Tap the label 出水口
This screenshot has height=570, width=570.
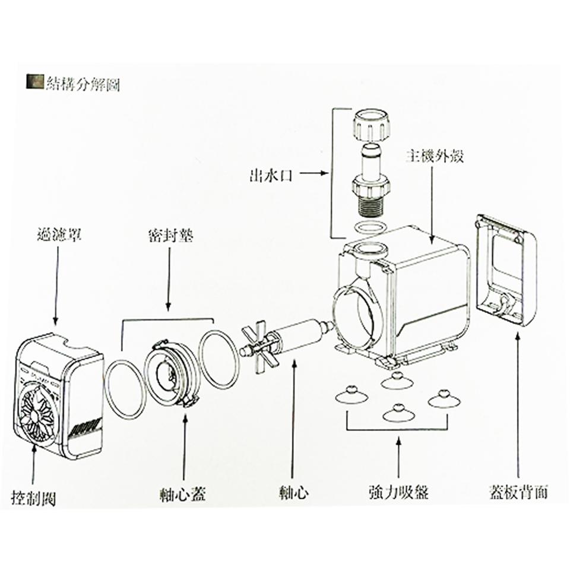point(270,175)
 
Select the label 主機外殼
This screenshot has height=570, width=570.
point(434,157)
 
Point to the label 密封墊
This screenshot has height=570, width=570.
point(169,236)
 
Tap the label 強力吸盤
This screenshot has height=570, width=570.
point(398,493)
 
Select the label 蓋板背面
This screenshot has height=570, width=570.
point(518,493)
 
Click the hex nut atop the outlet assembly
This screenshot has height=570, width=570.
point(370,125)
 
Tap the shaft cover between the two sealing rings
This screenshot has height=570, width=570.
point(172,372)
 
